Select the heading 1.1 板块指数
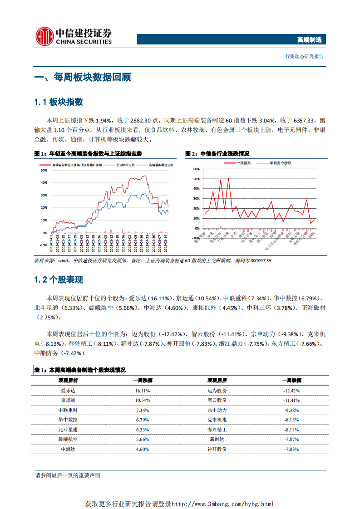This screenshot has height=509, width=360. tap(59, 102)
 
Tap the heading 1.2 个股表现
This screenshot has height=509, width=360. tap(59, 280)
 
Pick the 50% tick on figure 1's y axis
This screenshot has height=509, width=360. tap(44, 171)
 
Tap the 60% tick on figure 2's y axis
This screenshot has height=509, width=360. tap(196, 169)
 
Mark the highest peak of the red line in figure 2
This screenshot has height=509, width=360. tap(228, 178)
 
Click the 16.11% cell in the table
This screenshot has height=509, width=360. tap(143, 391)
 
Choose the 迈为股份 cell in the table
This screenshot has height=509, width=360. tap(217, 391)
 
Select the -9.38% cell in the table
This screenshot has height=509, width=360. tap(291, 410)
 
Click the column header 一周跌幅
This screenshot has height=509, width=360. tap(291, 380)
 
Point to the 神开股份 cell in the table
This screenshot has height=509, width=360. tap(217, 449)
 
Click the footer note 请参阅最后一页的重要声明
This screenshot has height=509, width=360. tap(68, 475)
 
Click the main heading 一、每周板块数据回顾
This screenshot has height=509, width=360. tap(83, 77)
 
